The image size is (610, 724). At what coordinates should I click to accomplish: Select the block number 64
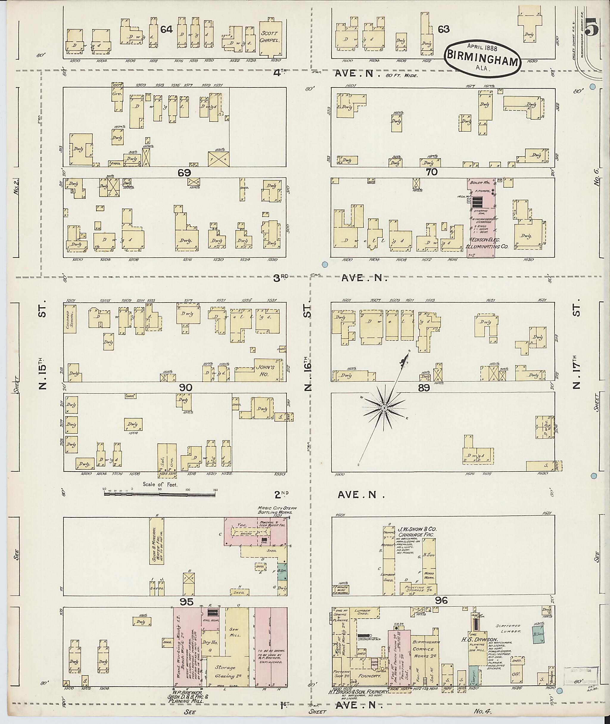166,30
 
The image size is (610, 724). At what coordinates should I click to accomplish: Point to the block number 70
432,172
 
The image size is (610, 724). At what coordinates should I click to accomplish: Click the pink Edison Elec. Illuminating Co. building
481,218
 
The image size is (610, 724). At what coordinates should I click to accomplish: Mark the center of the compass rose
384,409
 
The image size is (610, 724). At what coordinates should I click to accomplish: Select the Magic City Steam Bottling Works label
277,510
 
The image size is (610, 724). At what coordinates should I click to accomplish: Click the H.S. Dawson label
483,639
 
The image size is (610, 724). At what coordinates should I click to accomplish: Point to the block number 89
424,388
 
